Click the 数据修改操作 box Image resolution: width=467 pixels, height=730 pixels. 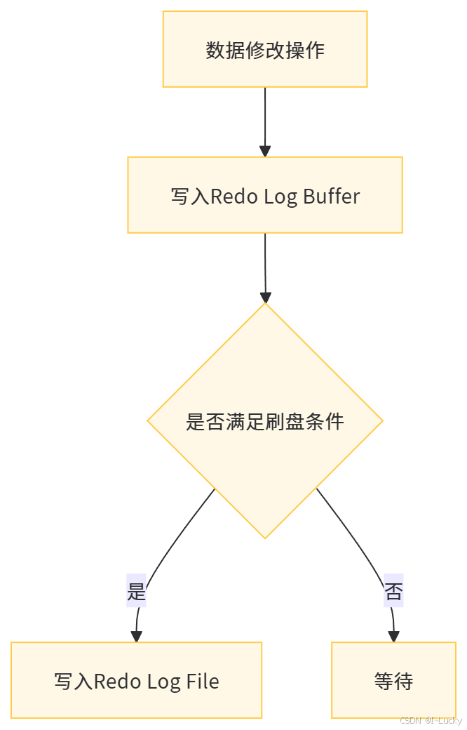(265, 49)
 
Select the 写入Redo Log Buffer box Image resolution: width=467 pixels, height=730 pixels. (265, 194)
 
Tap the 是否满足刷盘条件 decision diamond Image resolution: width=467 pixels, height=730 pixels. (265, 421)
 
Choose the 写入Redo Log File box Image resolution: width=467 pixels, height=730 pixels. (136, 680)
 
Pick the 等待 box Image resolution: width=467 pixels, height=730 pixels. (393, 680)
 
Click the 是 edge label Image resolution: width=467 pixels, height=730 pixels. (136, 592)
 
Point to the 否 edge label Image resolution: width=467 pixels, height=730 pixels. (393, 592)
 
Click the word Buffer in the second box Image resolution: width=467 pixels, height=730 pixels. (332, 196)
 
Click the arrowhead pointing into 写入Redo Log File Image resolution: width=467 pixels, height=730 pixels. (136, 636)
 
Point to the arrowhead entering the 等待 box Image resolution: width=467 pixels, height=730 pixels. (393, 636)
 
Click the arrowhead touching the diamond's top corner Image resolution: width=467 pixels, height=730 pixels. (265, 296)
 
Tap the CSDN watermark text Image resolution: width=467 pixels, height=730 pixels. (430, 720)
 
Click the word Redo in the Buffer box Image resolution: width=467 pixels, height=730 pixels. (234, 196)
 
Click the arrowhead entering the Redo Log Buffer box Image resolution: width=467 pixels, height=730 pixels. (265, 150)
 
